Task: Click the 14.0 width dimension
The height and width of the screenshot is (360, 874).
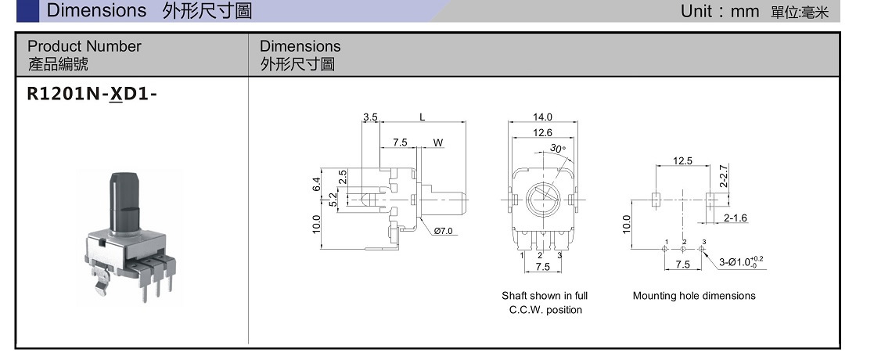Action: pos(542,117)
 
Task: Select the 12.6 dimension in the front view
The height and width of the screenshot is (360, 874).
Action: pos(542,133)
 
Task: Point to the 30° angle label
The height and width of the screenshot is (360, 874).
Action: pos(557,148)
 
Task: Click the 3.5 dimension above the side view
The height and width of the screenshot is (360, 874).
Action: pos(370,117)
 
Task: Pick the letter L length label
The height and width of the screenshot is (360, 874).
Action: pos(422,117)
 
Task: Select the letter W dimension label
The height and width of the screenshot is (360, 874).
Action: pos(438,143)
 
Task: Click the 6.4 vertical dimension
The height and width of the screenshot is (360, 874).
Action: pos(317,185)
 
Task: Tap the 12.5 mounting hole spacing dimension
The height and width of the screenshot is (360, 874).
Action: pos(682,160)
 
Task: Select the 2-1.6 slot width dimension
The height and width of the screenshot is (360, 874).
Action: pos(735,218)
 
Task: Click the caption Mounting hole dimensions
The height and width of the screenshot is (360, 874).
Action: pos(694,296)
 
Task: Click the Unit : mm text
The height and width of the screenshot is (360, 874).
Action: pos(720,11)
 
